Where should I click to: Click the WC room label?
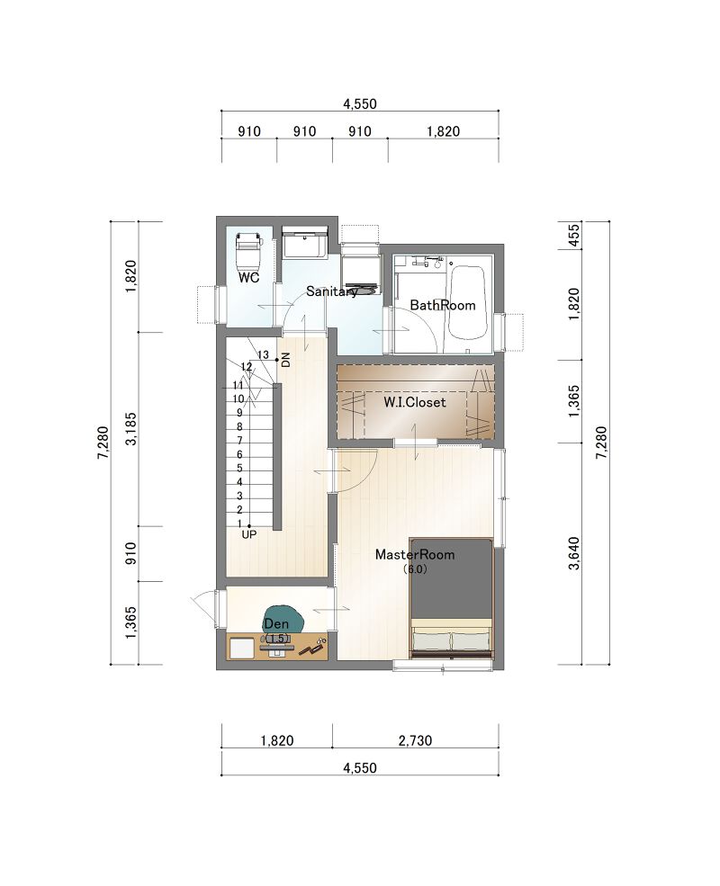tap(248, 277)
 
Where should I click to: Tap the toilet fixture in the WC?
tap(248, 251)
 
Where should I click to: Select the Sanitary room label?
tap(331, 291)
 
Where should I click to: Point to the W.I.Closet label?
tap(415, 402)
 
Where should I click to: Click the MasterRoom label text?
tap(415, 554)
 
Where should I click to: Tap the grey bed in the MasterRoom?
tap(451, 598)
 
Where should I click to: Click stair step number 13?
tap(264, 355)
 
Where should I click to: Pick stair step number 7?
tap(239, 440)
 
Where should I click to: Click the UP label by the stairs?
tap(248, 534)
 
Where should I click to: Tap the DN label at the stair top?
tap(285, 360)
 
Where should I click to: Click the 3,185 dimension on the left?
tap(131, 429)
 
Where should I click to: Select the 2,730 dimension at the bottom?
tap(416, 740)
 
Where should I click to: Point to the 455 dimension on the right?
tap(574, 235)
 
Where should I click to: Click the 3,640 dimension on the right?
tap(574, 553)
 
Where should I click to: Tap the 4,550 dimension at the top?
tap(360, 104)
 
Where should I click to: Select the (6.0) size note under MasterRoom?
tap(415, 569)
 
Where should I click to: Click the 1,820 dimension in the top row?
tap(443, 131)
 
